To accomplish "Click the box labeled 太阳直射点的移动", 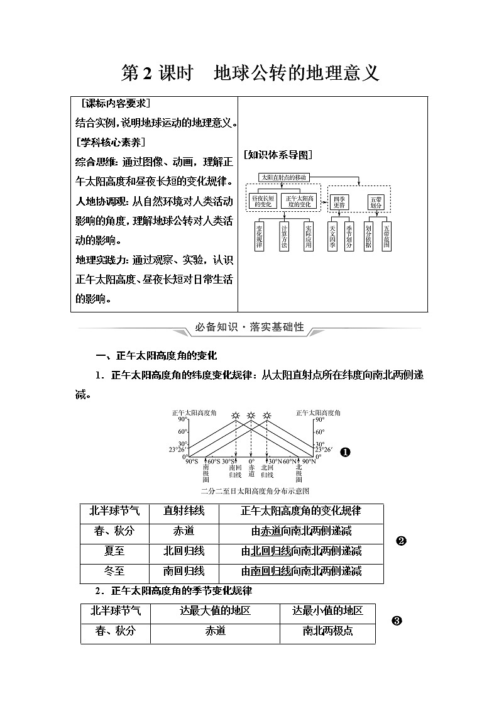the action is (283, 178).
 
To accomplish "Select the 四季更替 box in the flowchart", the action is (339, 201).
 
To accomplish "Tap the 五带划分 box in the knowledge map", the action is (376, 201).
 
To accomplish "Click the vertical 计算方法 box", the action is (284, 236).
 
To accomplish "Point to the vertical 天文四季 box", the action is (333, 236).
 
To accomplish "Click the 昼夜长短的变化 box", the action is (263, 201).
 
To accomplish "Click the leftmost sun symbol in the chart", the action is (236, 416).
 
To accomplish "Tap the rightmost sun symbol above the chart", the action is (267, 416).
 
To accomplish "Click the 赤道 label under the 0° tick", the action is (251, 471).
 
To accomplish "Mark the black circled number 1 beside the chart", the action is (344, 452).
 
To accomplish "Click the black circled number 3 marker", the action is (397, 621).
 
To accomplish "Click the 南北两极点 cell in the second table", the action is (327, 631).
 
